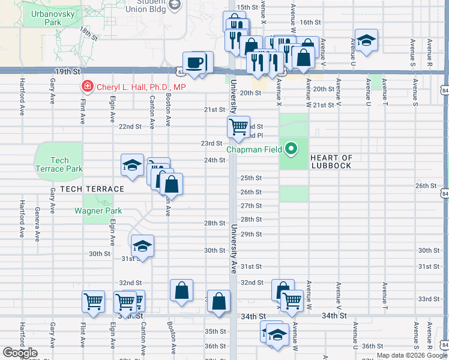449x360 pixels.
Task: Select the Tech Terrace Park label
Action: click(x=59, y=164)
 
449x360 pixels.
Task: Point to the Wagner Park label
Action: click(x=98, y=211)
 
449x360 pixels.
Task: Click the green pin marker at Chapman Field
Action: click(x=292, y=149)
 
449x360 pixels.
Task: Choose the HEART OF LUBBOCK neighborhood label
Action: click(x=331, y=161)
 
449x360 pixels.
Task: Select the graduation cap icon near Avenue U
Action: click(x=366, y=40)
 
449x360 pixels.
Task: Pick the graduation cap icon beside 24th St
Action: click(x=132, y=166)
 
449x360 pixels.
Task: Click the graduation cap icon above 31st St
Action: click(x=142, y=245)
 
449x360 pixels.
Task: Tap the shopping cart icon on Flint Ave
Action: click(x=93, y=301)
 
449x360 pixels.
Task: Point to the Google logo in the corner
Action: click(x=20, y=353)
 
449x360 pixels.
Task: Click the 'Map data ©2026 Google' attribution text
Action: click(x=411, y=355)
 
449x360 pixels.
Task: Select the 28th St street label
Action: click(x=214, y=223)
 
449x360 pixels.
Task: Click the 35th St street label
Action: click(x=214, y=331)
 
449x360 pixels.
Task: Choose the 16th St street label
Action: click(x=311, y=22)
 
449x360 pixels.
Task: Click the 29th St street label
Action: click(x=252, y=234)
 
